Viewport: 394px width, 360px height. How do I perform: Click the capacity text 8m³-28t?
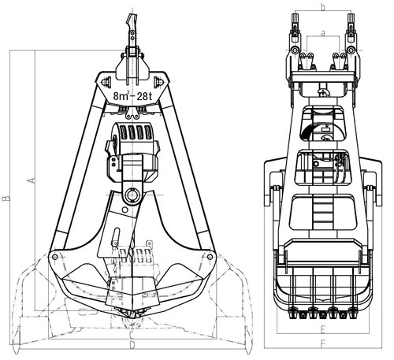(x=133, y=97)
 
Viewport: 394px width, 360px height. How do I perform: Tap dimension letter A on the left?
(x=32, y=180)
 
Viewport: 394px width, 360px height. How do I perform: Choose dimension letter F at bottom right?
(x=323, y=344)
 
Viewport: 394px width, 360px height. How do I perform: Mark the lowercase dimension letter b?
(x=322, y=7)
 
